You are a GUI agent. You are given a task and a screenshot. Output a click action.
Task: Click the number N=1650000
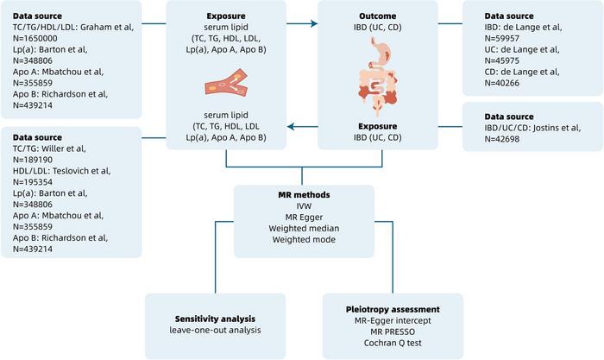33,39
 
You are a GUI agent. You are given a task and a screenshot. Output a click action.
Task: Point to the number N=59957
501,39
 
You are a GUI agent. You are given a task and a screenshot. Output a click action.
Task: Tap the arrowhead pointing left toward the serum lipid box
290,128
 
